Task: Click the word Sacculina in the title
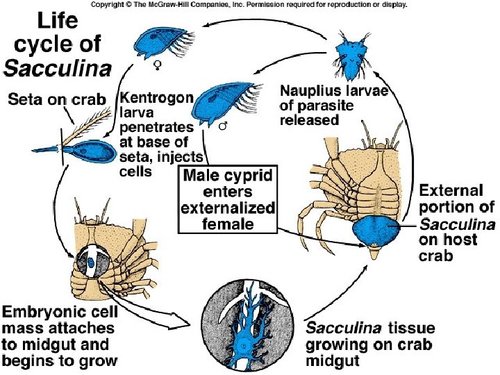click(58, 68)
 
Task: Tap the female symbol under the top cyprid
click(158, 66)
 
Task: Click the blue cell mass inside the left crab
click(92, 262)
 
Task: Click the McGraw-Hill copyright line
click(249, 4)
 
